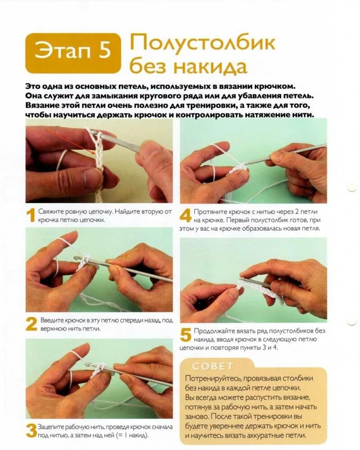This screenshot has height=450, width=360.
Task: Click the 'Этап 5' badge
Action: pos(73,53)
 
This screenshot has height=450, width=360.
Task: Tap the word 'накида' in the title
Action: pos(211,67)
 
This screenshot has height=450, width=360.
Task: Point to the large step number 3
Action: pos(31,431)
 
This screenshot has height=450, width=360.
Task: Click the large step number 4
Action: pos(185,215)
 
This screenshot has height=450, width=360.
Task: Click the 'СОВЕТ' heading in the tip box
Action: pos(213,366)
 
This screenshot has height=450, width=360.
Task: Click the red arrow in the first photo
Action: pos(70,141)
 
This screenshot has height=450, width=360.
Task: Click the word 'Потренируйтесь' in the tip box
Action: pos(212,379)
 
